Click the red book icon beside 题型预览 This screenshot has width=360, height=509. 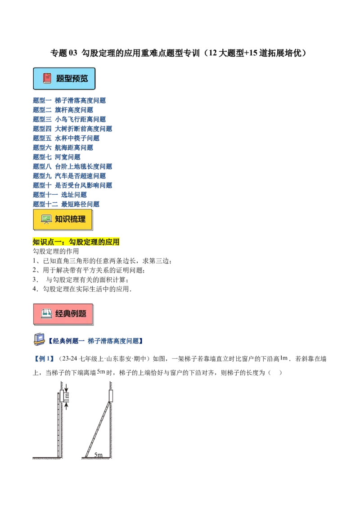click(47, 78)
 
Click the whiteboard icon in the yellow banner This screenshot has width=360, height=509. click(46, 219)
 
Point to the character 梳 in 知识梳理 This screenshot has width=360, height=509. click(74, 219)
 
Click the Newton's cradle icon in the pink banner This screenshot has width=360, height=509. click(46, 314)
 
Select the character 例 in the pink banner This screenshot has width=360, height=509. click(74, 314)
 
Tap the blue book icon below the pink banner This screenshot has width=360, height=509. click(39, 339)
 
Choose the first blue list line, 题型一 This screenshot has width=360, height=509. click(70, 100)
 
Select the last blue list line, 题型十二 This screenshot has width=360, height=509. click(67, 204)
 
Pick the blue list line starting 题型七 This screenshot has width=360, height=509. click(57, 157)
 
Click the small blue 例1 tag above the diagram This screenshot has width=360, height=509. click(44, 359)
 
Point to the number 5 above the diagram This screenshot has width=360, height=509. click(100, 371)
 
